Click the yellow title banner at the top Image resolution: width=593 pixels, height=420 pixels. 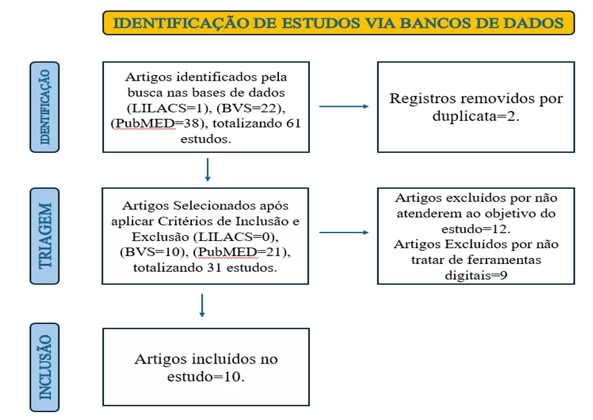pos(338,23)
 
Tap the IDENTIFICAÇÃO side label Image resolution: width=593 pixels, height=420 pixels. pos(44,107)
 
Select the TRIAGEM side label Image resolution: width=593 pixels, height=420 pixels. pos(44,236)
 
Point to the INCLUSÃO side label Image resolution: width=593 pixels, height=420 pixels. pos(44,367)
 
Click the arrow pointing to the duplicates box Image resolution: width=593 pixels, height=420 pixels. pos(344,106)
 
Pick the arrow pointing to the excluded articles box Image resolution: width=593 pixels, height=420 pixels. pos(344,232)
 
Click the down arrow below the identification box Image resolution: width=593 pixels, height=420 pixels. pos(208,169)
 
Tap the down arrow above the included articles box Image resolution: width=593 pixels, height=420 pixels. pos(202,305)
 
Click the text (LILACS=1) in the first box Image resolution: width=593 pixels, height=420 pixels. pos(170,109)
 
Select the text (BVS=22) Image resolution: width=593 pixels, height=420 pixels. pos(251,109)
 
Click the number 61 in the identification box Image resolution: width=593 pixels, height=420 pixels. pos(293,123)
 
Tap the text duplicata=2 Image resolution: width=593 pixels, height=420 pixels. pos(476,116)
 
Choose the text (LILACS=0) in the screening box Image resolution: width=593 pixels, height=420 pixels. pos(236,237)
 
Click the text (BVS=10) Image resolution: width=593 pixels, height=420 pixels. pos(154,252)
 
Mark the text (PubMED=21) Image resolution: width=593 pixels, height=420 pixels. pos(242,252)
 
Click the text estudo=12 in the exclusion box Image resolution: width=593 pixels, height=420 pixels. pos(476,229)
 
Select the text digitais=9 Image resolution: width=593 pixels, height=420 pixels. pos(476,276)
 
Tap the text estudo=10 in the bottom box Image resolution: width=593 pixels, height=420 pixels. pos(206,376)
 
